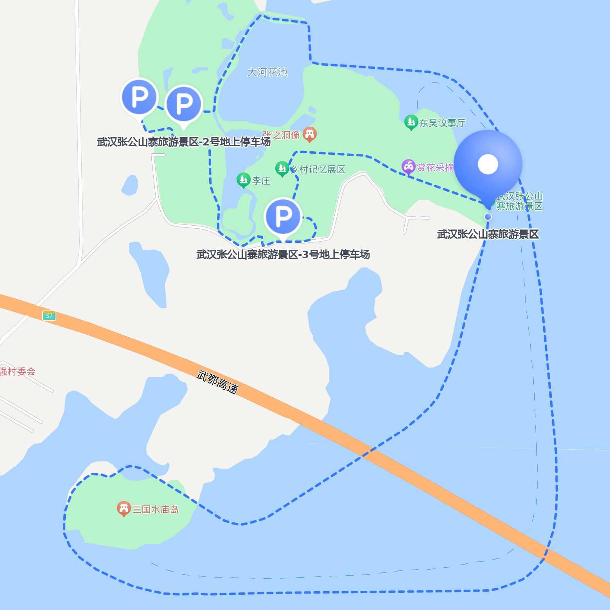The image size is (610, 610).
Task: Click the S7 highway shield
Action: pyautogui.click(x=49, y=316)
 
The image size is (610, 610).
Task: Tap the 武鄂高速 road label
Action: pyautogui.click(x=217, y=382)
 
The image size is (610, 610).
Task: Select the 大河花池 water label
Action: pyautogui.click(x=267, y=72)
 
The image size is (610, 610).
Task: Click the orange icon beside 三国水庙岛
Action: pyautogui.click(x=124, y=508)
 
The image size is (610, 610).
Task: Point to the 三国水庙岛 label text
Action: pyautogui.click(x=156, y=510)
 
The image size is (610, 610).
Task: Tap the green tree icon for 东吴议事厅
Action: pyautogui.click(x=411, y=122)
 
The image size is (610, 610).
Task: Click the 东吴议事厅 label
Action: pyautogui.click(x=442, y=123)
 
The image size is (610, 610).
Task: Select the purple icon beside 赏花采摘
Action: pyautogui.click(x=408, y=167)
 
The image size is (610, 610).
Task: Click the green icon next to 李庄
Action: pyautogui.click(x=243, y=180)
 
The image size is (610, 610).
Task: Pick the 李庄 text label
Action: pyautogui.click(x=261, y=181)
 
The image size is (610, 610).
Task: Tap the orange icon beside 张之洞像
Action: pyautogui.click(x=310, y=134)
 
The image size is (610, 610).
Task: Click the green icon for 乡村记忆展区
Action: pyautogui.click(x=282, y=169)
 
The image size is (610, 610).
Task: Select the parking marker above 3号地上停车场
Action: pyautogui.click(x=283, y=216)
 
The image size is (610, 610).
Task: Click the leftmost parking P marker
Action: pyautogui.click(x=139, y=97)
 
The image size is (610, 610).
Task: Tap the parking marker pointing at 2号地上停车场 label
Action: pyautogui.click(x=183, y=104)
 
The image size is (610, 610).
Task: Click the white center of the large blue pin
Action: pyautogui.click(x=488, y=164)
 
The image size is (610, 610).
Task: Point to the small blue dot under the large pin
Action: pyautogui.click(x=488, y=217)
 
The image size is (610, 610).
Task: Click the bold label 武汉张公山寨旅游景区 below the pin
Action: pyautogui.click(x=488, y=234)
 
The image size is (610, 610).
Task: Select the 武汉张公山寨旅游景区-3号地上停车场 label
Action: pyautogui.click(x=283, y=255)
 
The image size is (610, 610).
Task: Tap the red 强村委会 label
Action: pyautogui.click(x=18, y=371)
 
